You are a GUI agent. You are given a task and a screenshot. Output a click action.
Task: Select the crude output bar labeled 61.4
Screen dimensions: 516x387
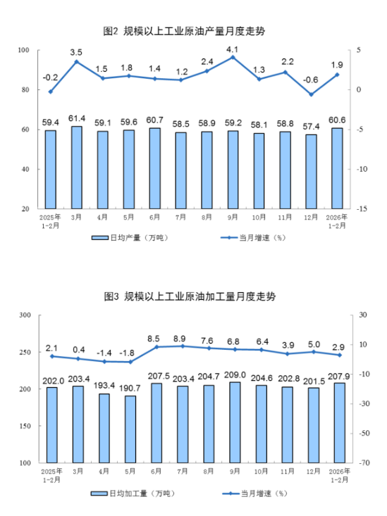76,168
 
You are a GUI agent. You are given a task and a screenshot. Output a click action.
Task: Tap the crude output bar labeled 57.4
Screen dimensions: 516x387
311,172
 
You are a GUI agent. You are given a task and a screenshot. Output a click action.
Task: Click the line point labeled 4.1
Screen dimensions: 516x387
233,57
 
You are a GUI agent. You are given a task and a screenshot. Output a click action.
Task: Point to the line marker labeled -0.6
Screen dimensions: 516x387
311,94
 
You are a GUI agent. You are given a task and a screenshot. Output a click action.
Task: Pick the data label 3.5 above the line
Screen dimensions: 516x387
76,53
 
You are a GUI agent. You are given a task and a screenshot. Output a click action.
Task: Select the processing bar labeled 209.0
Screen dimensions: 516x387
233,422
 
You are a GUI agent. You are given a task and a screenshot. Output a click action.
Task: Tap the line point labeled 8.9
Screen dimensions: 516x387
180,346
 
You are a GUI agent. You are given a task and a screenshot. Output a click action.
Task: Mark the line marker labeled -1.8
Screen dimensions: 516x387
128,362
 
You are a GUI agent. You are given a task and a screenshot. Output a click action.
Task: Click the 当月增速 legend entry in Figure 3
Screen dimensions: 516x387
252,493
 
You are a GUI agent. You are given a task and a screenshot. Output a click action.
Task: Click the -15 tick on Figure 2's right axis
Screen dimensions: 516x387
363,209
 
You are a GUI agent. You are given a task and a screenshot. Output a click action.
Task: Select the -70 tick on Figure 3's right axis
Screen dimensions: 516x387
364,463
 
